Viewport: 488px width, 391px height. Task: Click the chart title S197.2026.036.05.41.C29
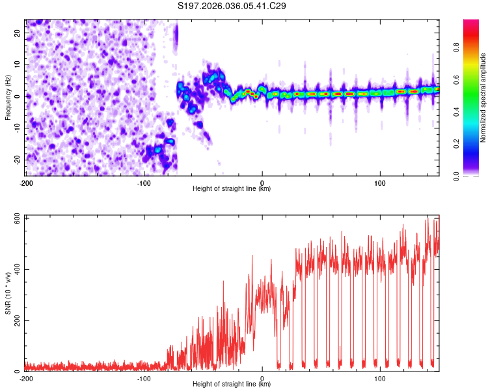coord(232,6)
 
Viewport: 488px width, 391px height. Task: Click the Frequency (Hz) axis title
coord(8,96)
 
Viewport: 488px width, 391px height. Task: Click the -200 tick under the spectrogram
coord(26,182)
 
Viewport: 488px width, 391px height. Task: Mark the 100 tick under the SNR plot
coord(380,378)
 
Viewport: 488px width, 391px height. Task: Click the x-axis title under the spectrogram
coord(232,189)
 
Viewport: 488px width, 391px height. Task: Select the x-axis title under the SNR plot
coord(232,386)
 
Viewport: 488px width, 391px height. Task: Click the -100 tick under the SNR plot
coord(144,378)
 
